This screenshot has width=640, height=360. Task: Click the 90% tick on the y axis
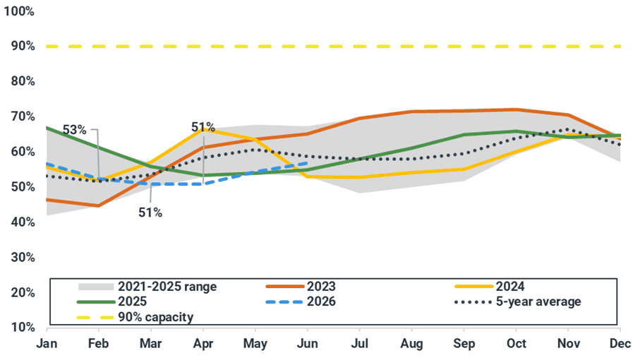point(21,47)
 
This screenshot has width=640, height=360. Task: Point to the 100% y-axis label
point(19,12)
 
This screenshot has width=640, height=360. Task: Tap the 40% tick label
point(21,222)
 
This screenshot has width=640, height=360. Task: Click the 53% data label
point(74,130)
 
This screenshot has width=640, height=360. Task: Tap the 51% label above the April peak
point(203,127)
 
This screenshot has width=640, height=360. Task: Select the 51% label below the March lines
point(150,212)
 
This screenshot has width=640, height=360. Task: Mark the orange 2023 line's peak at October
point(517,109)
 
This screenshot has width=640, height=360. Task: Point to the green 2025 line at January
point(47,128)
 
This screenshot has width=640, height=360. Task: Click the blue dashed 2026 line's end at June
point(308,162)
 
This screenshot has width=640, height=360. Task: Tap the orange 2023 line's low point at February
point(98,205)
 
